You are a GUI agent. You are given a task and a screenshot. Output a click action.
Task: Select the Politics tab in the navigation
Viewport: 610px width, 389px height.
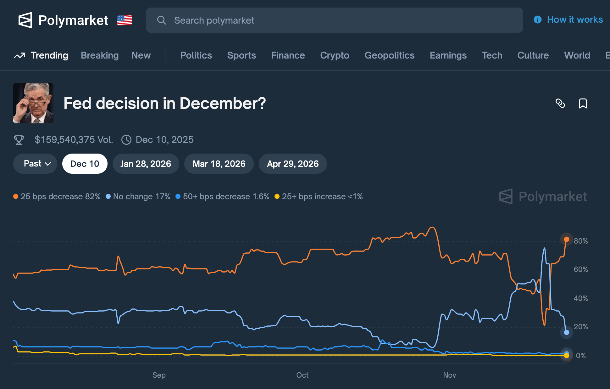pos(196,55)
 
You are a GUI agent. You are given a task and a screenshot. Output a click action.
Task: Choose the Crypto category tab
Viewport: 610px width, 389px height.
pos(335,55)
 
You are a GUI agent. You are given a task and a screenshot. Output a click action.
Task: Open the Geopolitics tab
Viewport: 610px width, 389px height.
pos(389,55)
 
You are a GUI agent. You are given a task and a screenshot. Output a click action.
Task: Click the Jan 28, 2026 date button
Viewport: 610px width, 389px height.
pos(146,164)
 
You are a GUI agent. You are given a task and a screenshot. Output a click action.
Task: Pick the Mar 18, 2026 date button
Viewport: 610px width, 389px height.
pos(219,164)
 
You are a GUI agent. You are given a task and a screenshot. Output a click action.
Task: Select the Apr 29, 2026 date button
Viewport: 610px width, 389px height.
pos(292,164)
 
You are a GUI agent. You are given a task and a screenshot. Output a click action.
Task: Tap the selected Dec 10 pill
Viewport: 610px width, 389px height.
pos(85,164)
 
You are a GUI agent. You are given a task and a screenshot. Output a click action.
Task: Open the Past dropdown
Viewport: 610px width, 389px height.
pos(35,164)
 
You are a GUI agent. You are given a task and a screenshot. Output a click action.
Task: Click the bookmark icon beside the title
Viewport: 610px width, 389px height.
pos(583,104)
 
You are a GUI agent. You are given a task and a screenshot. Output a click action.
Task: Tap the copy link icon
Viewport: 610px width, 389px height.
pos(560,104)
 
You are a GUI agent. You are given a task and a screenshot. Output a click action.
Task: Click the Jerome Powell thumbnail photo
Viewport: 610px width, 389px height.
pos(33,103)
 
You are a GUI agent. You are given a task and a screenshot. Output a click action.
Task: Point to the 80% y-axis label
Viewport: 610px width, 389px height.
pos(580,241)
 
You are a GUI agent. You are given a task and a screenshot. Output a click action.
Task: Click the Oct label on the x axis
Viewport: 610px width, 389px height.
pos(302,375)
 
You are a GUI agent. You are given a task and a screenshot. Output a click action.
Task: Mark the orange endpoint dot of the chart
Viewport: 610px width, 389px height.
pos(567,239)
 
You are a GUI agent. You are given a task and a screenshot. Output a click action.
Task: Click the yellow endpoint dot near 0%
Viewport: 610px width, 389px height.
pos(567,356)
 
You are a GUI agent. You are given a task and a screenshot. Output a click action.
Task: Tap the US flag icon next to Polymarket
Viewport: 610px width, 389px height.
pos(125,20)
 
